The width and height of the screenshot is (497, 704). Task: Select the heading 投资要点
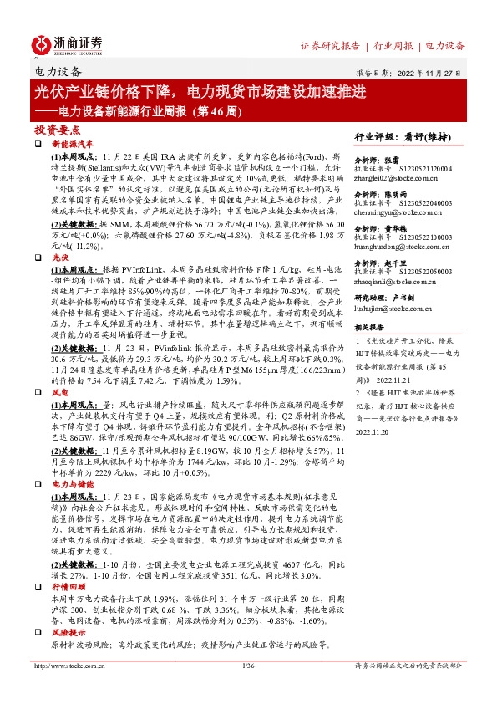coord(57,130)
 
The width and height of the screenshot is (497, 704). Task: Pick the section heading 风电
coord(59,390)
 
